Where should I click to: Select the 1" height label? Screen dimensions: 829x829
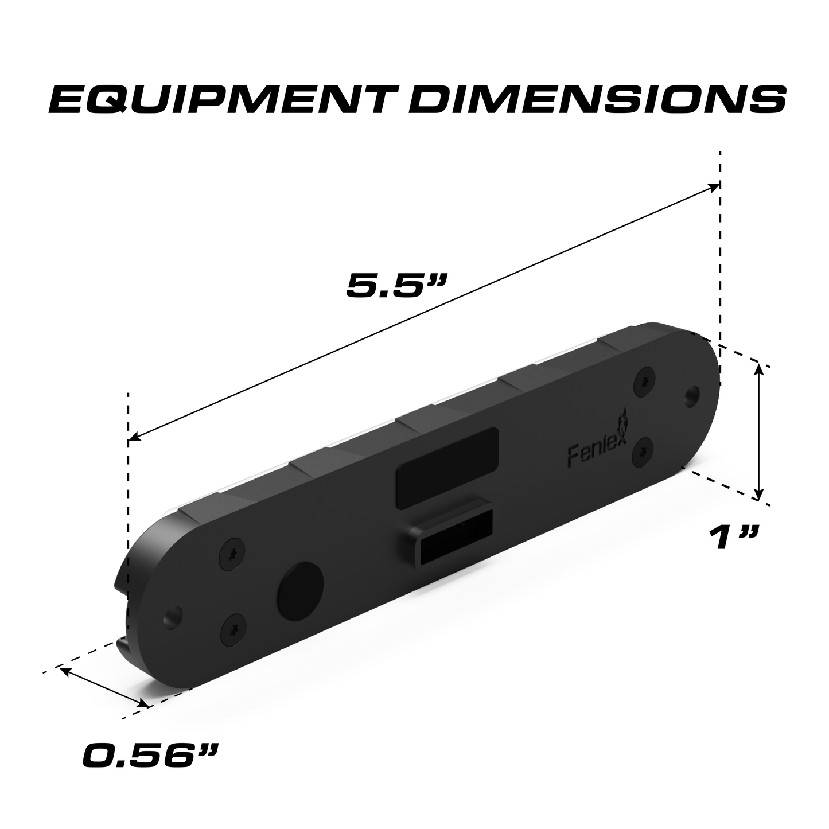click(x=733, y=537)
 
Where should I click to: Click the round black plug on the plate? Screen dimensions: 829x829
click(x=300, y=587)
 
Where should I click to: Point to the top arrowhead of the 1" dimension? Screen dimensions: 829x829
click(x=760, y=369)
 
